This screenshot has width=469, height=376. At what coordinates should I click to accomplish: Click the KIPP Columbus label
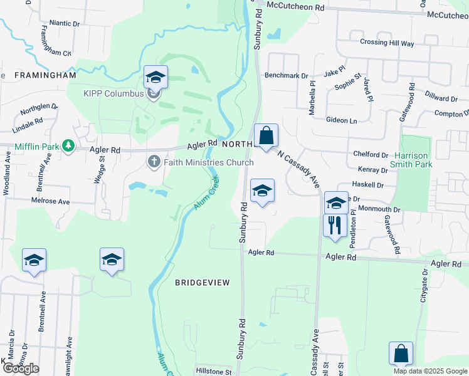113,94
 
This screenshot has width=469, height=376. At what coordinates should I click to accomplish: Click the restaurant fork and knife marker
335,226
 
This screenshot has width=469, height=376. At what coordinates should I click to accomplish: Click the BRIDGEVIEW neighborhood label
203,283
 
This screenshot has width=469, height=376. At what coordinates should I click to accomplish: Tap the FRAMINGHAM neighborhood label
45,75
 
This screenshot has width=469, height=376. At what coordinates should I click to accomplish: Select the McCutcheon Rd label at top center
295,5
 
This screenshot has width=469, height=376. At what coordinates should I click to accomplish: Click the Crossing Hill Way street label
387,43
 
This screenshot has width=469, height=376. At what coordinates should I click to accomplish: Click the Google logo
21,368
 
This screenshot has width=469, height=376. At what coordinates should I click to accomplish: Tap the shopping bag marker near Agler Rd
266,136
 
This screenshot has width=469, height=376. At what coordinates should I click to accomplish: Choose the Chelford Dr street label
371,154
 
